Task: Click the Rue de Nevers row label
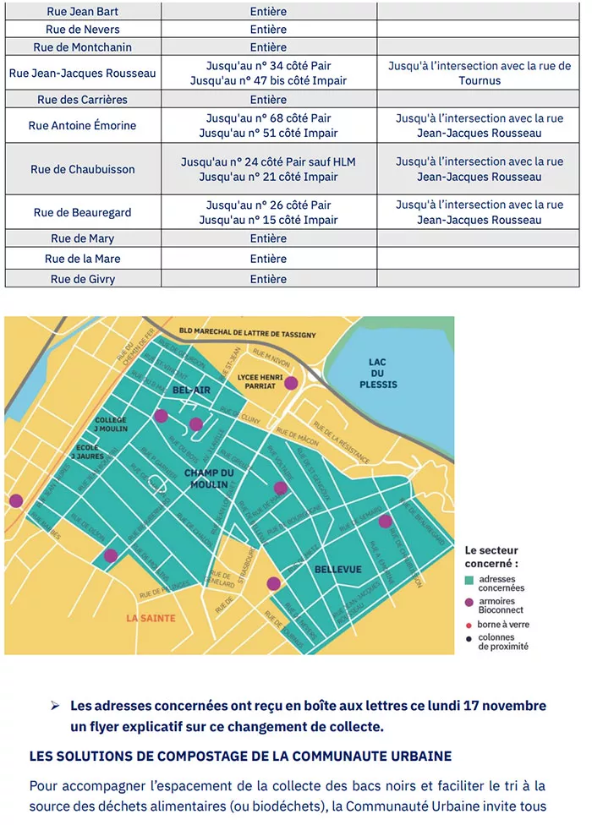[82, 30]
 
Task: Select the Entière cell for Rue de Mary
[268, 238]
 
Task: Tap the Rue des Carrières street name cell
[82, 100]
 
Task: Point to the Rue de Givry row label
[82, 279]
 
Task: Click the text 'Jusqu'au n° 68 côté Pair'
[268, 118]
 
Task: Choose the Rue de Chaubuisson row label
[82, 169]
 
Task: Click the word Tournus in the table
[479, 81]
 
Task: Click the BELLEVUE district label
[337, 570]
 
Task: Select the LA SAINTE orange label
[151, 618]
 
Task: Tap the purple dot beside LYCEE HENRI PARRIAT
[291, 383]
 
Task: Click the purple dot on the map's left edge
[15, 500]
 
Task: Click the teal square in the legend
[469, 580]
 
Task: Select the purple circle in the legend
[469, 602]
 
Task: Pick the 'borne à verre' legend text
[504, 624]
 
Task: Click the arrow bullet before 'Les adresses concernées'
[55, 705]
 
